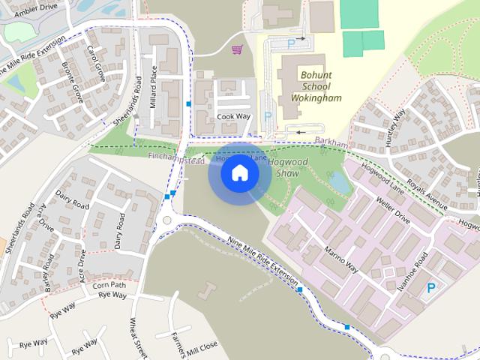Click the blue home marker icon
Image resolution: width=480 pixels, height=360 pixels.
pos(239,173)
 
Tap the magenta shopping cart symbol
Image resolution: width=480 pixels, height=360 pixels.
pos(237,49)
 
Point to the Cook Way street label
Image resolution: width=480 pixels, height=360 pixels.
pos(233,117)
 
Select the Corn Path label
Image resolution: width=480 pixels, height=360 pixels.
pos(109,285)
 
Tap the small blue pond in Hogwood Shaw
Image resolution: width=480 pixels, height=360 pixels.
pos(339,181)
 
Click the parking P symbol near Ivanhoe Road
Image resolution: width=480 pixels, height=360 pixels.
pos(431,288)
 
